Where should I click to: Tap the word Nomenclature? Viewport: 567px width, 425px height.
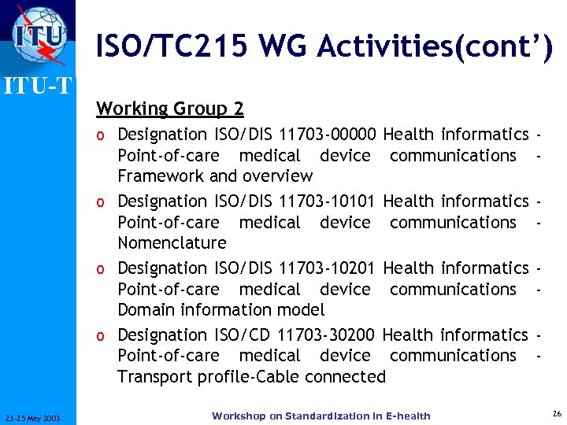(172, 243)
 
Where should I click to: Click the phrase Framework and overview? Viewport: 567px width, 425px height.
(215, 176)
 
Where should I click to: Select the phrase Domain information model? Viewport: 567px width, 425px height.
(220, 310)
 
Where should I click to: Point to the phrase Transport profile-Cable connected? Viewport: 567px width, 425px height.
(251, 377)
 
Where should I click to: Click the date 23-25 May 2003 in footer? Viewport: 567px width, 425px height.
(37, 417)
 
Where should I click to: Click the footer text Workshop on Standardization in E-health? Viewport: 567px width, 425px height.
(321, 416)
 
